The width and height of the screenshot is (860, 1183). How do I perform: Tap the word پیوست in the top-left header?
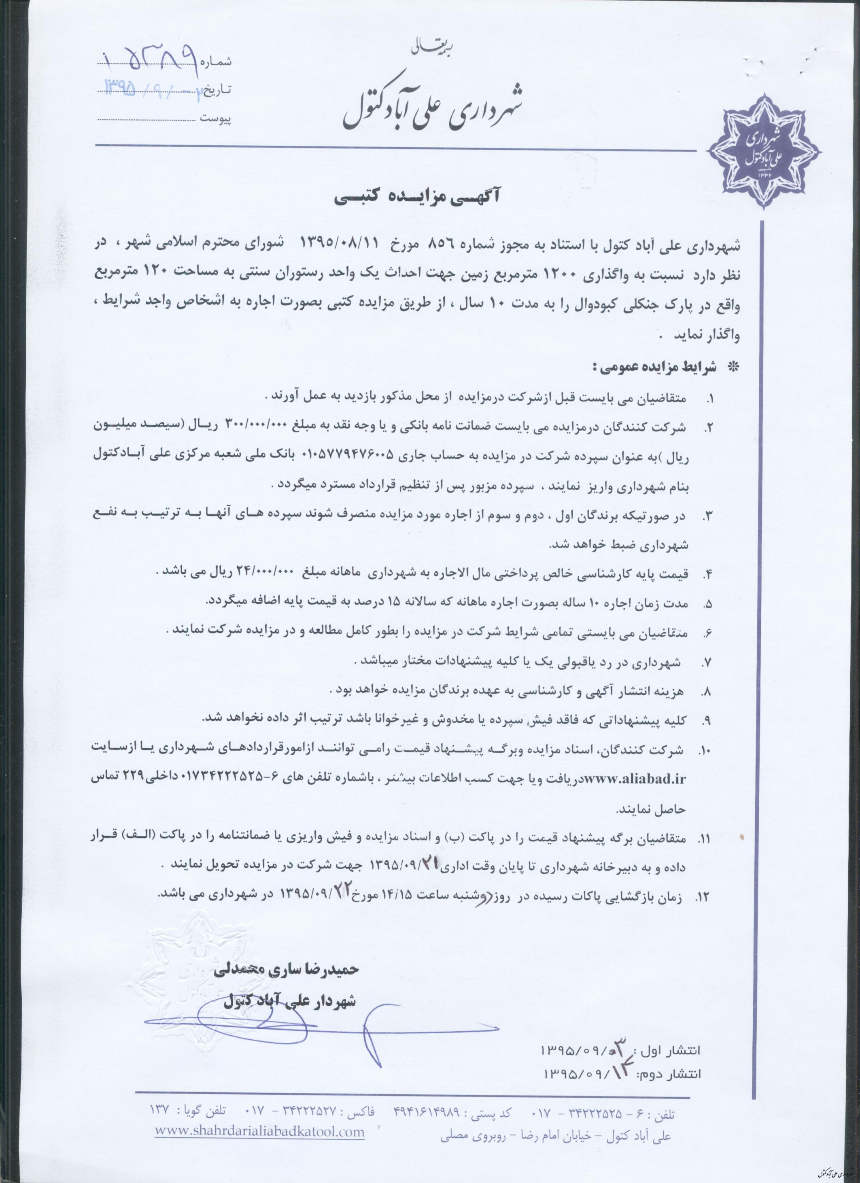tap(214, 119)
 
